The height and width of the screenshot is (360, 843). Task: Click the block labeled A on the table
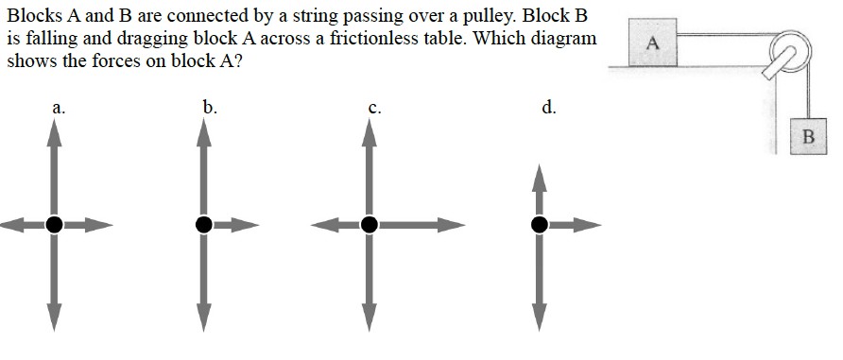click(x=652, y=44)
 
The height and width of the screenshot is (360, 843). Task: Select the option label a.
click(x=59, y=109)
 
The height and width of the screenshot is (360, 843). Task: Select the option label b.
click(x=210, y=107)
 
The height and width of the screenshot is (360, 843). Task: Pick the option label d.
click(x=549, y=107)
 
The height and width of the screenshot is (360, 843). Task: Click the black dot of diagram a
click(x=55, y=224)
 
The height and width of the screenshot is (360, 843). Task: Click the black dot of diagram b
click(x=203, y=224)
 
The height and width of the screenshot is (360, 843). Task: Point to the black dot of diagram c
click(x=369, y=224)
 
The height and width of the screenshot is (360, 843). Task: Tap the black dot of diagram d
click(x=540, y=224)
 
